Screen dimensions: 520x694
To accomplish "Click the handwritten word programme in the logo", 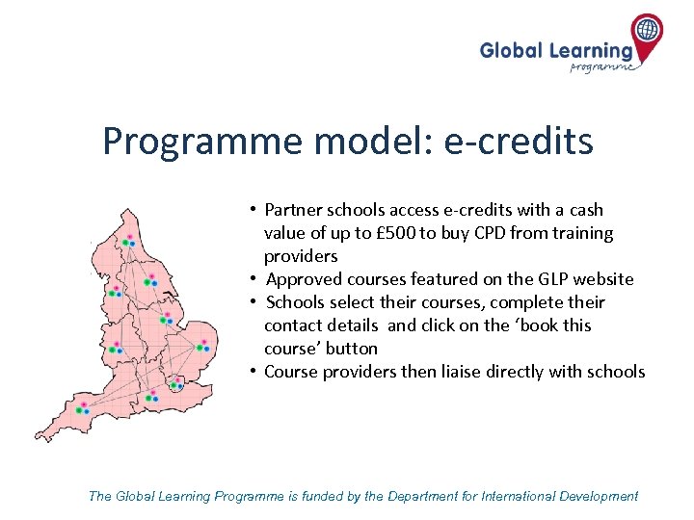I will click(x=602, y=66).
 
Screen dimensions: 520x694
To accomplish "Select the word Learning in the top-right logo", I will click(x=591, y=50).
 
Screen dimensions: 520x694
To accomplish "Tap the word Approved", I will click(x=300, y=279).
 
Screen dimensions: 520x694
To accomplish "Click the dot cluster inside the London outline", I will click(x=175, y=383).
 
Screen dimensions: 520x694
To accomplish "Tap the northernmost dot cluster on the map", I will click(x=127, y=240).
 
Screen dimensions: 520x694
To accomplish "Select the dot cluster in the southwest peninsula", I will click(x=83, y=408).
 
